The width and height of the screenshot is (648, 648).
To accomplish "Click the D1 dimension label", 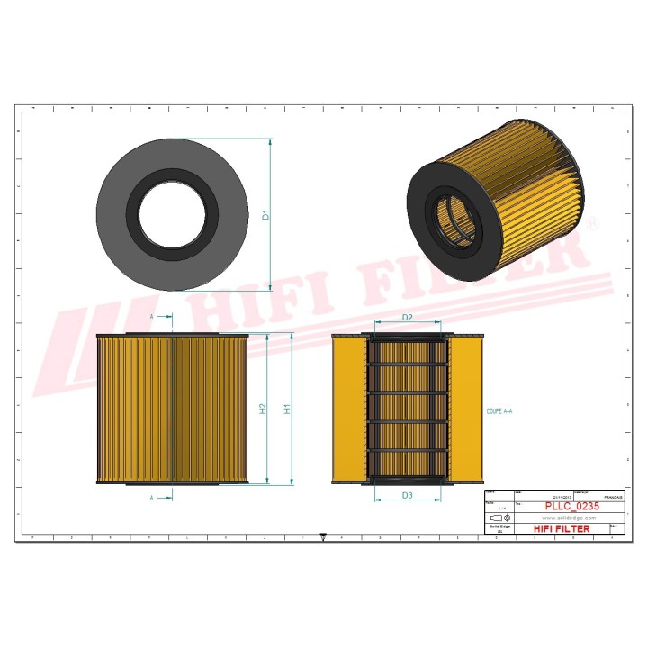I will pos(265,215).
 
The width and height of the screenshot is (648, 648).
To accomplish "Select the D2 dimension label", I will pos(407,318).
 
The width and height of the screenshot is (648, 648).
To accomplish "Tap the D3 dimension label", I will pos(407,495).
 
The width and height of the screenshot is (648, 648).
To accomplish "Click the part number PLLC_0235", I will pos(571,507).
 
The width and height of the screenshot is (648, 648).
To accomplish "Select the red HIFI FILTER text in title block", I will pos(562,529).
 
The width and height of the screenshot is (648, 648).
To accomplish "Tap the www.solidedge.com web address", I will pos(571,518).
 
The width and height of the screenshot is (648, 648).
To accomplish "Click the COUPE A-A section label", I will pos(500,410).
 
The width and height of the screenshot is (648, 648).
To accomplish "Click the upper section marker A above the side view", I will pos(151,318).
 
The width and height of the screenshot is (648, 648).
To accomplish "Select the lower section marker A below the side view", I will pos(151,497).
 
